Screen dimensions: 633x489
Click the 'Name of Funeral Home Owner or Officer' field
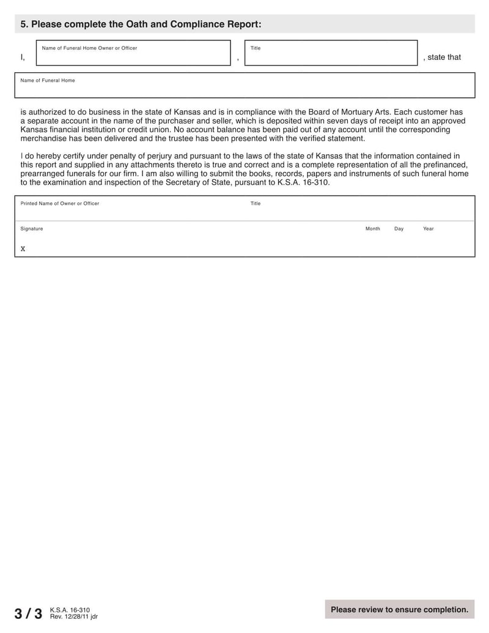point(133,56)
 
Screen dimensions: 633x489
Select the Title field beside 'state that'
point(331,56)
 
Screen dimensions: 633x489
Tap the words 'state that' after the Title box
point(444,57)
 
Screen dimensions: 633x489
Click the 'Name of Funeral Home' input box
point(244,89)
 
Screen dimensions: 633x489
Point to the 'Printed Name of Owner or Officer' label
point(60,204)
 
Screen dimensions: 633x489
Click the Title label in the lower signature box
point(256,204)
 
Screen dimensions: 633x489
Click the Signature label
point(32,229)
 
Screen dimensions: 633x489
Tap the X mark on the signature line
point(23,249)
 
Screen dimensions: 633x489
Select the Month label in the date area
point(373,229)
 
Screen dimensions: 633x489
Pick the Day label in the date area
point(399,229)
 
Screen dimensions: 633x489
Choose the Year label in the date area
point(428,229)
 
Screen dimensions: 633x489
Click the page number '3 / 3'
point(28,613)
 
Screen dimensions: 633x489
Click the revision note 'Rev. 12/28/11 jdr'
point(73,616)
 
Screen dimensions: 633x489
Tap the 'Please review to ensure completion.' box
point(399,610)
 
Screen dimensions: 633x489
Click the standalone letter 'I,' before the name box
point(23,57)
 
